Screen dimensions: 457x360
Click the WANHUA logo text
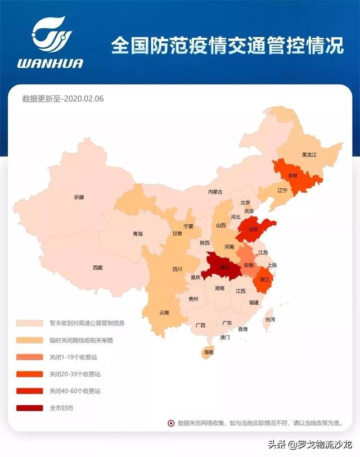coord(49,63)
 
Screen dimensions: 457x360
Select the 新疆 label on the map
coord(79,197)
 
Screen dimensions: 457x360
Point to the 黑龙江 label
coord(310,154)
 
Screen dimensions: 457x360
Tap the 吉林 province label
coord(292,175)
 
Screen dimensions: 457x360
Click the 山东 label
coord(254,229)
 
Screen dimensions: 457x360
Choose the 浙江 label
coord(264,278)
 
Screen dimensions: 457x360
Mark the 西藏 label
coord(98,268)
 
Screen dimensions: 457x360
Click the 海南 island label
coord(209,352)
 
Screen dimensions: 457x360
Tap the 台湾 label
coord(270,319)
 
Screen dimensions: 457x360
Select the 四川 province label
coord(177,269)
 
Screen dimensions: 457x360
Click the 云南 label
coord(164,312)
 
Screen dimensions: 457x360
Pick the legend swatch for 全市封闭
coord(30,408)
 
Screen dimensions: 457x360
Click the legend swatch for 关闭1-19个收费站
coord(30,357)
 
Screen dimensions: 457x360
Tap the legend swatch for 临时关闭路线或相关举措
coord(30,340)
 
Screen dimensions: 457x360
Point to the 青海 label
coord(138,234)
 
